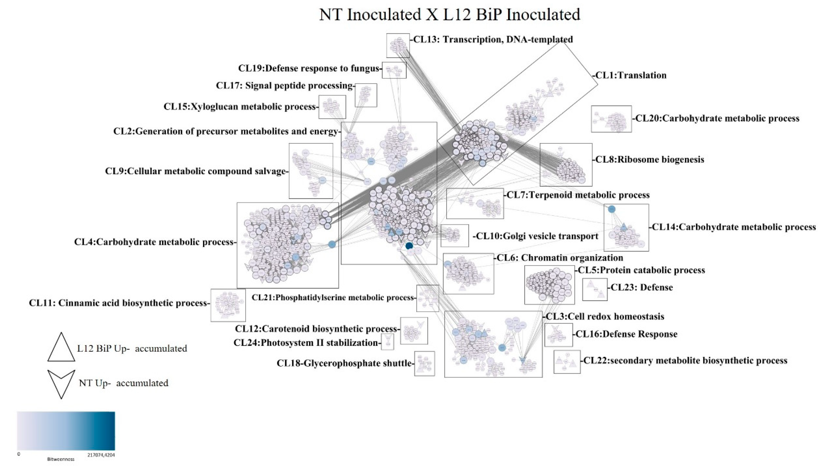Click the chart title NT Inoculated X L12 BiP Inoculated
tap(450, 15)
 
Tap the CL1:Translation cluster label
tap(631, 75)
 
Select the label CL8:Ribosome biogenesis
tap(650, 160)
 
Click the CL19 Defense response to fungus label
tap(309, 68)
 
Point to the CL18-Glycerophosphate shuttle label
tap(344, 363)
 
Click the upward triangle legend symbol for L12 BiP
tap(61, 348)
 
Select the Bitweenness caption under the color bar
tap(61, 459)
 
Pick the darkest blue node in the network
tap(409, 246)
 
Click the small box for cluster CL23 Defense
tap(595, 289)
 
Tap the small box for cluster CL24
tap(387, 342)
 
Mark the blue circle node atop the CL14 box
tap(611, 209)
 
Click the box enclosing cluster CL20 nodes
tap(611, 119)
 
